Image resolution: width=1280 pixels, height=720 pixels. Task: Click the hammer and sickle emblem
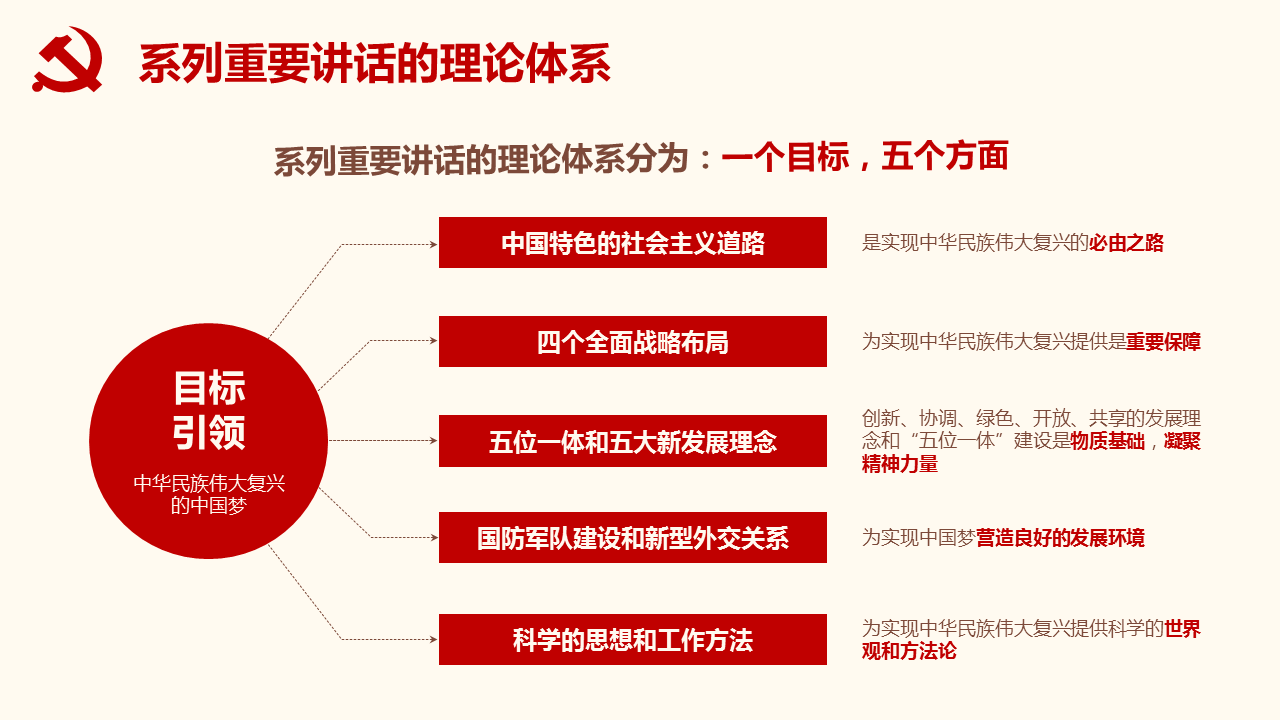click(67, 59)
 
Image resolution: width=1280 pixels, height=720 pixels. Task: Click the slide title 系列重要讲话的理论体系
click(375, 63)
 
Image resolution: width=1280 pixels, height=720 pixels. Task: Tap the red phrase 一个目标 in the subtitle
click(786, 157)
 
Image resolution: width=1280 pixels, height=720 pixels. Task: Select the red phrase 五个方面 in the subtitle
click(945, 157)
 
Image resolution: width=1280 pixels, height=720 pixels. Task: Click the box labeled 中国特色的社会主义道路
click(633, 242)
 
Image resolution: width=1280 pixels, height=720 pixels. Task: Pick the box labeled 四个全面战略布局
click(633, 341)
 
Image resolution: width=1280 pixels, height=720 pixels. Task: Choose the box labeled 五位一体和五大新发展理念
click(633, 441)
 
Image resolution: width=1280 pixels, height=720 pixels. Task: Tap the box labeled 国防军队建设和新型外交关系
click(633, 537)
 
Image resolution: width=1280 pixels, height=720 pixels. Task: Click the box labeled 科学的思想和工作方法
click(633, 639)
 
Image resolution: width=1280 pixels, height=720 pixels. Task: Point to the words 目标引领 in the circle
click(209, 410)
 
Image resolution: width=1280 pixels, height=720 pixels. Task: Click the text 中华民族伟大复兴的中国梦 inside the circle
click(209, 494)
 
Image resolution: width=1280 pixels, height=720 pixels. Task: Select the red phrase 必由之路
click(1126, 243)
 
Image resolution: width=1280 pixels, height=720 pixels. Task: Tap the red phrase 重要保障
click(1163, 342)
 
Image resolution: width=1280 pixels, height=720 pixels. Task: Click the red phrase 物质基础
click(1107, 441)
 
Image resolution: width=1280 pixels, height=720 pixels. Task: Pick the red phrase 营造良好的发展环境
click(1060, 538)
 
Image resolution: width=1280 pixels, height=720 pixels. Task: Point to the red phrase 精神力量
click(900, 464)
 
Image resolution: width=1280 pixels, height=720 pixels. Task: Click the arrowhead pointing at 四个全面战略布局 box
click(434, 341)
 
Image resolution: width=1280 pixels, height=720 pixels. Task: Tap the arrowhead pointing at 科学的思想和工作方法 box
click(434, 639)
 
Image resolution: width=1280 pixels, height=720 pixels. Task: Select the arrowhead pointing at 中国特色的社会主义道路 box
click(434, 245)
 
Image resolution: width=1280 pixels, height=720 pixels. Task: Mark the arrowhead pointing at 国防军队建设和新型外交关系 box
click(434, 537)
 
